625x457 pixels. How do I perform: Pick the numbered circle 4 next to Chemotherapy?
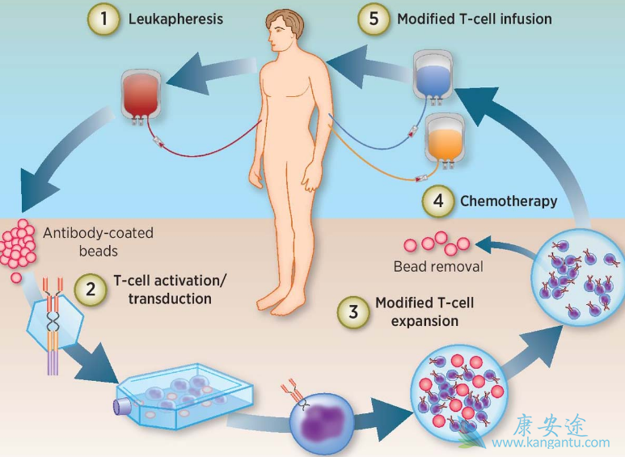coord(437,201)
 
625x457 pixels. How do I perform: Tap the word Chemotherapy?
coord(508,201)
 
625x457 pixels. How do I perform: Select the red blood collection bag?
coord(145,93)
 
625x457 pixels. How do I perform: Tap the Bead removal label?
coord(438,265)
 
